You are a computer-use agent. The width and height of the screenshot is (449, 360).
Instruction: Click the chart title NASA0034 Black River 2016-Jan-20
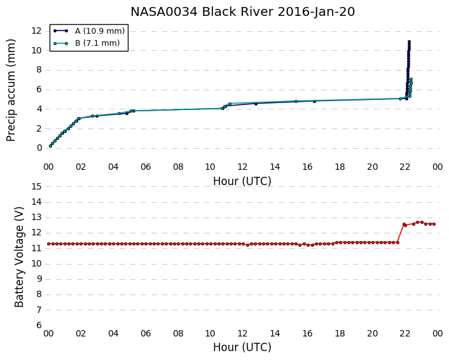coord(242,11)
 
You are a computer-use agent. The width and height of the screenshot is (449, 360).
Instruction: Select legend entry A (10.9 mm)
coord(89,31)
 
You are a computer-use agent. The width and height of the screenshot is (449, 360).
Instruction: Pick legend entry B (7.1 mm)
coord(86,43)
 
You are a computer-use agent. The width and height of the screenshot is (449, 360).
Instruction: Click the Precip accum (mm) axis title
coord(11,90)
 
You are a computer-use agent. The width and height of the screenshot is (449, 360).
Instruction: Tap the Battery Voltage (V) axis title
coord(19,257)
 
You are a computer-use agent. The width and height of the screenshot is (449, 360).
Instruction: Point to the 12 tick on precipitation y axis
coord(36,31)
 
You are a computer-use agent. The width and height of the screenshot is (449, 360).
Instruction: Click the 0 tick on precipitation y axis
coord(39,148)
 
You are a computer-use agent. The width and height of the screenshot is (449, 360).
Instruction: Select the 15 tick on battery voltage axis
coord(36,187)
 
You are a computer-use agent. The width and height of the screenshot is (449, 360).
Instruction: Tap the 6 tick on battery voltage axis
coord(39,325)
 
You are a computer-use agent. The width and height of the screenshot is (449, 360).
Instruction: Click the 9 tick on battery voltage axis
coord(39,279)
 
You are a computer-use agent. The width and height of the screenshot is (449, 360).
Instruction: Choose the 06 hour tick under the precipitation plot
coord(146,167)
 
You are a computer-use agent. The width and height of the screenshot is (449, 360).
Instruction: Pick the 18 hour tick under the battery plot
coord(340,333)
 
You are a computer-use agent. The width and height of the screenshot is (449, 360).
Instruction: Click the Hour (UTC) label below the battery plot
coord(242,347)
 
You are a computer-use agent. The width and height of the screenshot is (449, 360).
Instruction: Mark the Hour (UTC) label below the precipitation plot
coord(242,181)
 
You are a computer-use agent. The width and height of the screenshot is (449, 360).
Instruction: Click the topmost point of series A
coord(409,42)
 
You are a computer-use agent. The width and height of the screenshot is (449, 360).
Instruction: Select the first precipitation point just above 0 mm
coord(50,146)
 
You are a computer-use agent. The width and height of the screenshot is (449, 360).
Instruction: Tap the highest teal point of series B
coord(411,79)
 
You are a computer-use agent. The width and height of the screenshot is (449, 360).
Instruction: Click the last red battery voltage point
coord(434,225)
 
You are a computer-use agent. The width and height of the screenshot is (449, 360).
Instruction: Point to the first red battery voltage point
coord(49,244)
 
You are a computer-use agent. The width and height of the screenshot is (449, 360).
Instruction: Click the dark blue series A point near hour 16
coord(314,101)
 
